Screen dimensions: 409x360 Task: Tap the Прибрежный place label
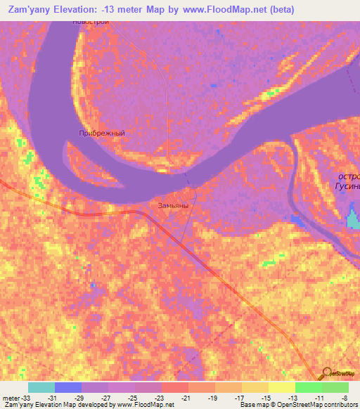click(102, 133)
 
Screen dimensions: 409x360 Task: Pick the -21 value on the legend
click(186, 398)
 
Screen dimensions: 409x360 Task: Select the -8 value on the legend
click(343, 398)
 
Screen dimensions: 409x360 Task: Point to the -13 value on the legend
click(291, 398)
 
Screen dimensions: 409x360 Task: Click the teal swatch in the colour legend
click(41, 387)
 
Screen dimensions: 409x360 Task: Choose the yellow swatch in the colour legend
click(282, 387)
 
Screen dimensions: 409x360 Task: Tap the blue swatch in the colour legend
click(68, 387)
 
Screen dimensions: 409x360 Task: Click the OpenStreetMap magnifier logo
click(327, 372)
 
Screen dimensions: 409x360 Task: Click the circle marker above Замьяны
click(189, 193)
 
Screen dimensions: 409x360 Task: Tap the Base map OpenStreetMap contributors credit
click(300, 405)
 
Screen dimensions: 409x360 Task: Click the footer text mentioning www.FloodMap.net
click(88, 405)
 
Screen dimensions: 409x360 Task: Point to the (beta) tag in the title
click(278, 9)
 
